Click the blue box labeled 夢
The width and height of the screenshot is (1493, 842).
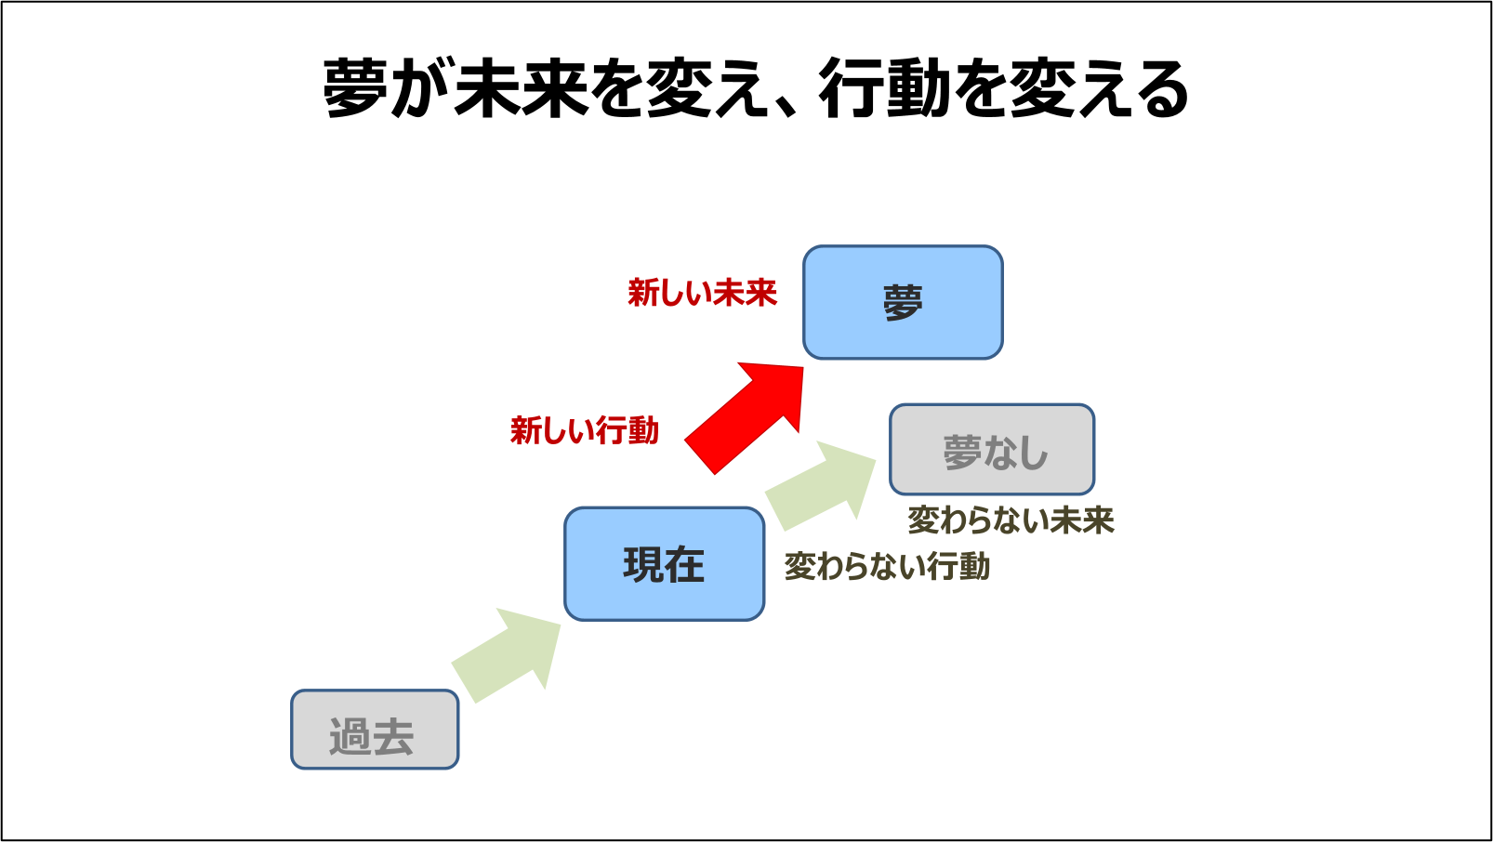click(903, 302)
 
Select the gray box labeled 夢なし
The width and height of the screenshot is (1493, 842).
click(992, 450)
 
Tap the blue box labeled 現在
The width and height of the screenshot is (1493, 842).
click(664, 564)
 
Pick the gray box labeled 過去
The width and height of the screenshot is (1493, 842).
click(375, 730)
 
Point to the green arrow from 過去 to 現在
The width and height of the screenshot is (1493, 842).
click(507, 655)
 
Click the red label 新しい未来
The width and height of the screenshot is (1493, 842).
click(702, 293)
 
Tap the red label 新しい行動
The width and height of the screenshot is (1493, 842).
click(585, 430)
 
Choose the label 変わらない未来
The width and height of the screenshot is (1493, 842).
click(1011, 520)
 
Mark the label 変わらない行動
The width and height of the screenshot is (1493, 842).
click(887, 566)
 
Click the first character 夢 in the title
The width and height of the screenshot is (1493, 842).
click(355, 89)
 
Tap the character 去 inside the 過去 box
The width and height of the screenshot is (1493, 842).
click(393, 737)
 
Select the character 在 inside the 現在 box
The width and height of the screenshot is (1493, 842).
click(684, 565)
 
